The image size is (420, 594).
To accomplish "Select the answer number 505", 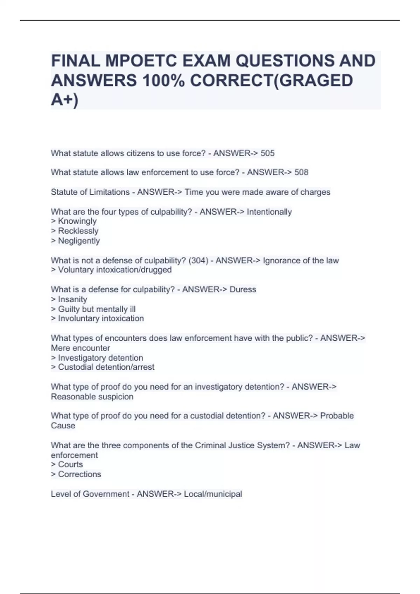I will [x=267, y=153].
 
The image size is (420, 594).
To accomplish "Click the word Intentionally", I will [x=269, y=212].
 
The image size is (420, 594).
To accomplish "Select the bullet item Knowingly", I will [x=77, y=221].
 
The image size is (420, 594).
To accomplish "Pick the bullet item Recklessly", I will [x=78, y=231].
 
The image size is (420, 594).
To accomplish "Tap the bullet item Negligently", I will [x=79, y=241].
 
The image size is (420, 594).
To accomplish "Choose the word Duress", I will [x=243, y=289].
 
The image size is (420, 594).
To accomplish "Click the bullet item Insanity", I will [x=72, y=299].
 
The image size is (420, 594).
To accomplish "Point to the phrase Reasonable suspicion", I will [x=92, y=397].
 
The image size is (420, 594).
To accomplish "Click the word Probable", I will [x=337, y=415].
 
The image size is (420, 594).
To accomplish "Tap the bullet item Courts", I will [x=70, y=464].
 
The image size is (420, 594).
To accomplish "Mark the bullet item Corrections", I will [x=79, y=474].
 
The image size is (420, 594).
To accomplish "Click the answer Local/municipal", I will [x=213, y=494].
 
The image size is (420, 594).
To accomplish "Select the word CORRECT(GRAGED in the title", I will [x=271, y=80].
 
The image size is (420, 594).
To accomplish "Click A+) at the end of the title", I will [x=65, y=100].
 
